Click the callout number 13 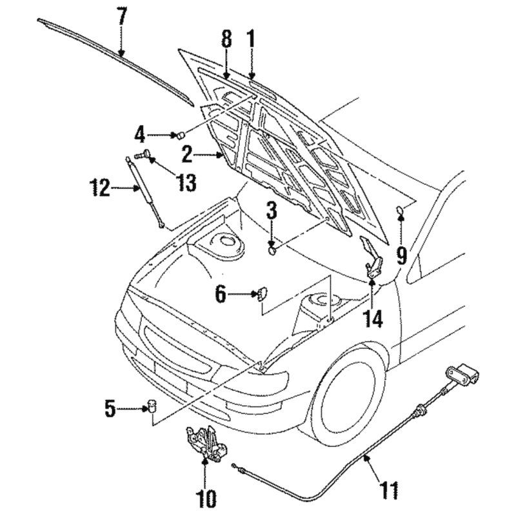point(186,183)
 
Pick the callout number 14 point(373,319)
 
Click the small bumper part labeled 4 point(181,135)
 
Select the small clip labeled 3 point(273,248)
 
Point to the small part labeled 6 point(263,295)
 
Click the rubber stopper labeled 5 point(152,406)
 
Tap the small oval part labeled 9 point(401,209)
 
